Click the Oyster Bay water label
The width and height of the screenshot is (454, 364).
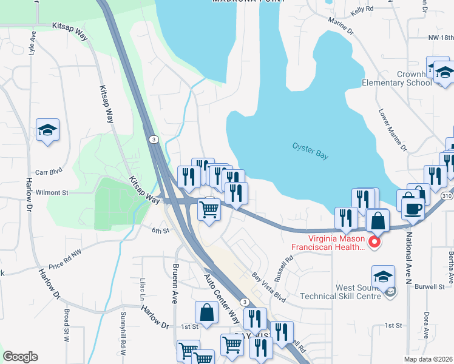click(x=310, y=151)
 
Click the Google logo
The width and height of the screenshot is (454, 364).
click(x=20, y=357)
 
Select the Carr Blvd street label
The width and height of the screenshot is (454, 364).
click(x=49, y=172)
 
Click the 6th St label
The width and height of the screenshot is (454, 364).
click(x=159, y=230)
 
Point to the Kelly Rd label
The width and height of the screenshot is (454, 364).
click(x=361, y=10)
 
